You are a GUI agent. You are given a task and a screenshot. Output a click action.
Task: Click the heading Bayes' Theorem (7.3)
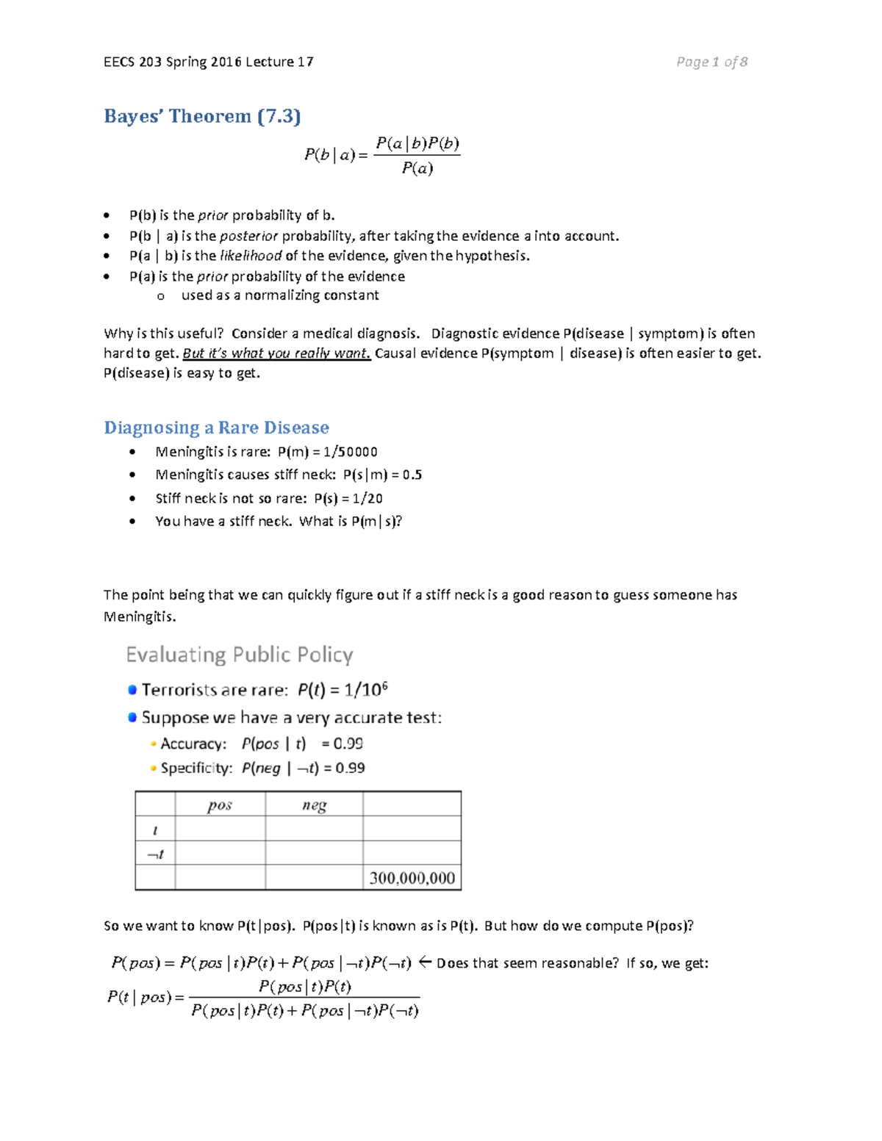click(x=202, y=116)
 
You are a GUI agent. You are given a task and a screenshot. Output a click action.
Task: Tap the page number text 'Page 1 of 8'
click(x=711, y=62)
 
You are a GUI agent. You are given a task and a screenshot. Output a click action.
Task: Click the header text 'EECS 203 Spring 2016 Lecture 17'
click(x=209, y=62)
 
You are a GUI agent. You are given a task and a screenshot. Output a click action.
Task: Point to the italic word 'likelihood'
click(x=251, y=256)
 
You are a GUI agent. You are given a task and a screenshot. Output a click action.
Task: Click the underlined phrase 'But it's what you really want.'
click(x=276, y=353)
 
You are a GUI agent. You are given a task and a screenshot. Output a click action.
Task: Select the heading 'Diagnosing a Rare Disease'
click(x=216, y=428)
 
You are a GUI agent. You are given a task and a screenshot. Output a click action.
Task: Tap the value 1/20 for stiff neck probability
click(x=367, y=498)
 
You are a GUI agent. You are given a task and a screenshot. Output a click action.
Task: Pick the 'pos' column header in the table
click(x=220, y=805)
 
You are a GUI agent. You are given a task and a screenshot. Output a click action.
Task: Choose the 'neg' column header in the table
click(x=314, y=805)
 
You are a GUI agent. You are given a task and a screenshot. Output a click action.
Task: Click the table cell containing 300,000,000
click(x=412, y=878)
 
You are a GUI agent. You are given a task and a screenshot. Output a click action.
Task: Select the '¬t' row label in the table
click(x=155, y=854)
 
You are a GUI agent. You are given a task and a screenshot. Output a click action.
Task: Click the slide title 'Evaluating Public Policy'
click(x=240, y=655)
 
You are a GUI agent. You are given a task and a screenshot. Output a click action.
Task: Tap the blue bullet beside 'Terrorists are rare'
click(x=132, y=690)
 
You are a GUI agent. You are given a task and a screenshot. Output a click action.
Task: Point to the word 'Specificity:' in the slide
click(x=196, y=768)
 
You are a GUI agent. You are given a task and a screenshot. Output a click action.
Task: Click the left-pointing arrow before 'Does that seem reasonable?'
click(x=424, y=962)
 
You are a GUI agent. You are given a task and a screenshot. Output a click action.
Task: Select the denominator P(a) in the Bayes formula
click(x=417, y=168)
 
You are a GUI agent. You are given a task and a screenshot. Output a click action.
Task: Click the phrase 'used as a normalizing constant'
click(x=280, y=295)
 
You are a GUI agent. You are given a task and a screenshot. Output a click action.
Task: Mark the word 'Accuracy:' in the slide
click(x=193, y=744)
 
